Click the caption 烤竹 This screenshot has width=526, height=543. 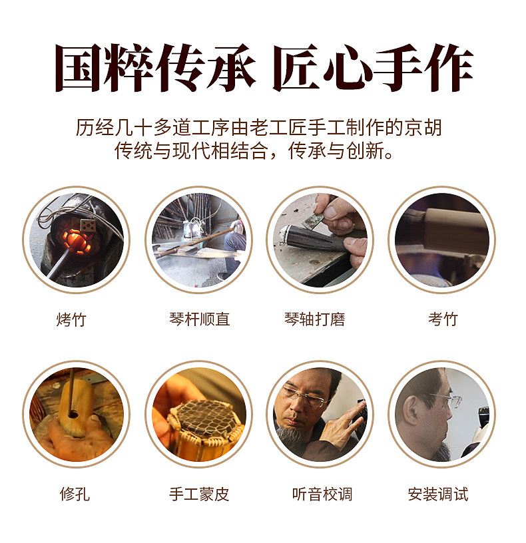pos(71,319)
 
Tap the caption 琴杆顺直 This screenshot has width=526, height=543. pos(199,319)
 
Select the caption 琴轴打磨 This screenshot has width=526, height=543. pos(314,319)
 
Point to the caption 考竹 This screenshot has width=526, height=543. pos(443,319)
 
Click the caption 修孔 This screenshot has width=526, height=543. pos(75,494)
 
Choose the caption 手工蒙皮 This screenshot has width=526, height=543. pos(199,494)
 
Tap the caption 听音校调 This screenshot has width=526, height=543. pos(322,494)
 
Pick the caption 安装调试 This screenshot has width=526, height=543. pos(438,494)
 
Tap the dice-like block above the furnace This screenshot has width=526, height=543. pos(89,226)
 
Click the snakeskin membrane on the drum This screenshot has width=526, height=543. pos(204,417)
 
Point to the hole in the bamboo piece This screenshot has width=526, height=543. pos(73,413)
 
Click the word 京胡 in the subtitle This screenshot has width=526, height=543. pos(423,128)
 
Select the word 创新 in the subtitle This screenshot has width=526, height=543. pos(365,150)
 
